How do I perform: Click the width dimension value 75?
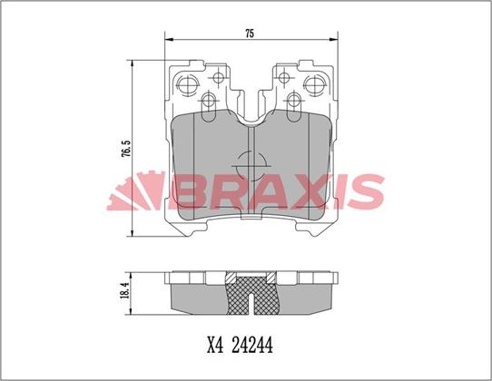point(250,33)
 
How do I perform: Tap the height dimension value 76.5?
point(124,146)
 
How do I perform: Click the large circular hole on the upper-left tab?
point(188,86)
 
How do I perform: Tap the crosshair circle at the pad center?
point(250,167)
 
